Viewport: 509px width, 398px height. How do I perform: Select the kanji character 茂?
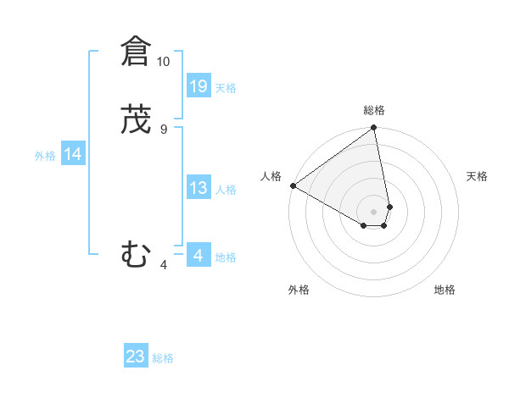tap(135, 121)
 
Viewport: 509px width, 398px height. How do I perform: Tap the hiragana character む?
tap(135, 254)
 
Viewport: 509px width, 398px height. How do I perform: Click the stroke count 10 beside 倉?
tap(164, 62)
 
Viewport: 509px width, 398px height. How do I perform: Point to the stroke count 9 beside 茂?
tap(164, 130)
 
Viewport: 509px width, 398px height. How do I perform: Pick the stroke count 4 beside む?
tap(164, 265)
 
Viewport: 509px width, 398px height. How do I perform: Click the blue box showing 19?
tap(199, 86)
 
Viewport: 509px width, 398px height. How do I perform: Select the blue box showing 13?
tap(199, 188)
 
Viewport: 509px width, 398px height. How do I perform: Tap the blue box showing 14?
tap(73, 154)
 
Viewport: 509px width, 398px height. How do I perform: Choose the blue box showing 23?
tap(136, 357)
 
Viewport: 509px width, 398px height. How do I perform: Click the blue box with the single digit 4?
tap(199, 255)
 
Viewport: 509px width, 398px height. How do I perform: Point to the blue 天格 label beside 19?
tap(226, 87)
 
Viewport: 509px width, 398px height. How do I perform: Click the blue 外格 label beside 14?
tap(45, 156)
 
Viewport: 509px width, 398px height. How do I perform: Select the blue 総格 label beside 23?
tap(163, 358)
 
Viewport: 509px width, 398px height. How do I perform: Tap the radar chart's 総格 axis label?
tap(374, 110)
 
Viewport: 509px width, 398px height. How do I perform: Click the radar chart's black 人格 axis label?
tap(271, 176)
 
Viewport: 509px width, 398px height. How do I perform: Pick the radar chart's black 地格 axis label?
tap(445, 290)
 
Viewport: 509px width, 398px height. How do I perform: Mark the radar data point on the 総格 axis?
tap(374, 129)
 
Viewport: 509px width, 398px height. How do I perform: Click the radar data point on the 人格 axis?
tap(293, 185)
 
